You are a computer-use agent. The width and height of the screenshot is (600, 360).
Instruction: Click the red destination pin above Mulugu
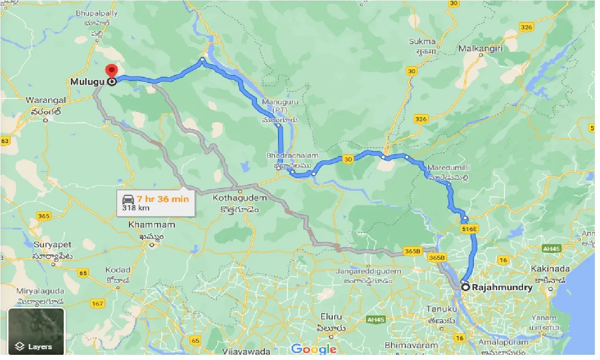[x=111, y=71]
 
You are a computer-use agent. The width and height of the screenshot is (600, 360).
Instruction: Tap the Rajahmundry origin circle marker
[x=465, y=287]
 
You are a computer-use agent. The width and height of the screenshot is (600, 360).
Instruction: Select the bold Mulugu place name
[x=87, y=82]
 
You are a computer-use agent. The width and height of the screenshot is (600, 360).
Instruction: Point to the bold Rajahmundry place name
[x=502, y=288]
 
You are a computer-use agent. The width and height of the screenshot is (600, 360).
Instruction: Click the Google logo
[x=314, y=349]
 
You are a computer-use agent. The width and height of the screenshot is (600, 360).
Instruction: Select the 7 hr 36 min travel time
[x=163, y=199]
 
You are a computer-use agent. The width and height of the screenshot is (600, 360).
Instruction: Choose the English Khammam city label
[x=151, y=225]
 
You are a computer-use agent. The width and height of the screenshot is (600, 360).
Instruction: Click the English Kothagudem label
[x=240, y=198]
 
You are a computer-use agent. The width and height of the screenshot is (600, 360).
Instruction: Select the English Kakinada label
[x=550, y=269]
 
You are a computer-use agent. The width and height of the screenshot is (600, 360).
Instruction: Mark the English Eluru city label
[x=331, y=316]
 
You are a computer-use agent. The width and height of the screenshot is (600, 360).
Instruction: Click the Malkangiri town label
[x=481, y=48]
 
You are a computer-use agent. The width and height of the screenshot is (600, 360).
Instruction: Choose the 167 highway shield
[x=98, y=304]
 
